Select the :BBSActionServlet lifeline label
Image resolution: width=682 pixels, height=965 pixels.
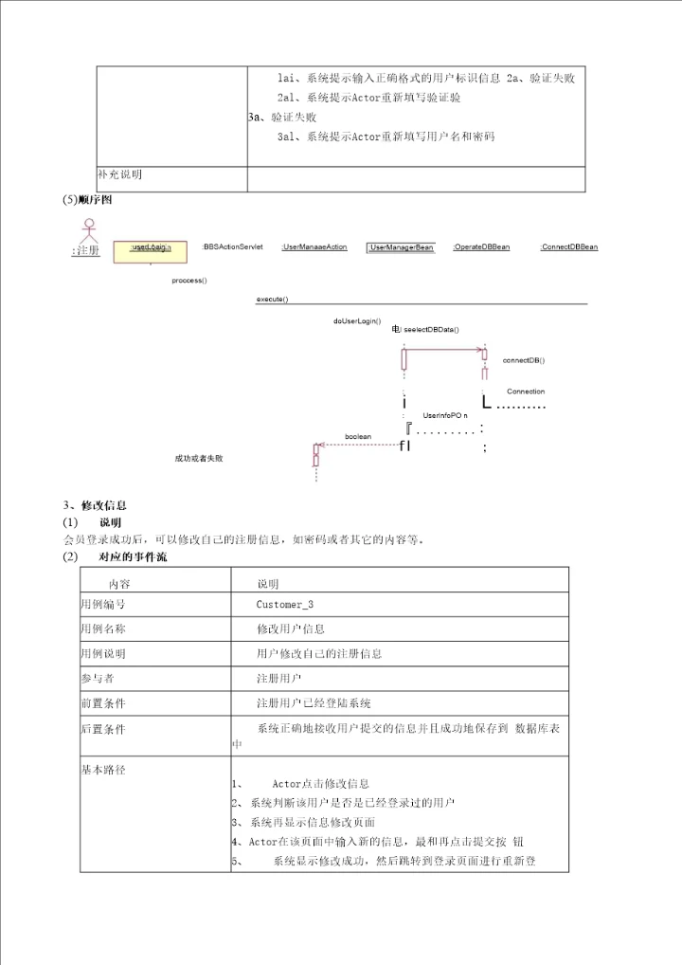(232, 246)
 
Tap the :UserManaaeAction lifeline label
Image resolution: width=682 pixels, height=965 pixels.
(314, 247)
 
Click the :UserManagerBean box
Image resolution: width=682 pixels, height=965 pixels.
(401, 247)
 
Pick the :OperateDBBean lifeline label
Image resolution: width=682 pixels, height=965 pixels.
(481, 246)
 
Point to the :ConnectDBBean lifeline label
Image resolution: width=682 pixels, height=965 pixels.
(568, 246)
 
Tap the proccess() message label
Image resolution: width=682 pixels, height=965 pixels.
(189, 281)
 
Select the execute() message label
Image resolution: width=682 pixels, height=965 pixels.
(272, 300)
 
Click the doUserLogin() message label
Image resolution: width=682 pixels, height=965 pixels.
(357, 320)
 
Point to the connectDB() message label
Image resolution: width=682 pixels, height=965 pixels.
(523, 360)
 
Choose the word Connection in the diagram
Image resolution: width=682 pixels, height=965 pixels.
(526, 391)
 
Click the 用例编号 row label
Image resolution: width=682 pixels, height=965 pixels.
(103, 604)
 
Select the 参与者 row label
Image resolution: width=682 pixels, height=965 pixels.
(98, 678)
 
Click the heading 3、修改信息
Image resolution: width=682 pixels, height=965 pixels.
(95, 505)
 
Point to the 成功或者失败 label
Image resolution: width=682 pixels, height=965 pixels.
(199, 459)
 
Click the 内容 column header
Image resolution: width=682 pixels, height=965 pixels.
(119, 584)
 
